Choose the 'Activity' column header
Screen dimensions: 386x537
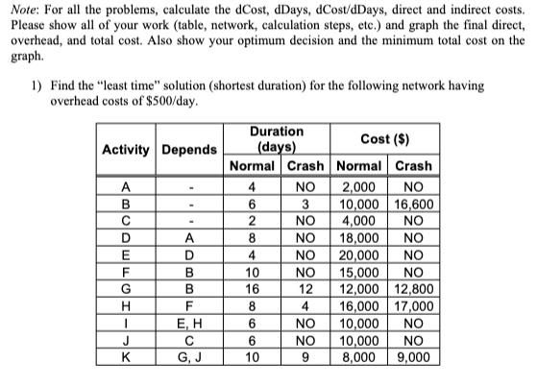pyautogui.click(x=126, y=150)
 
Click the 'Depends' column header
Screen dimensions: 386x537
pyautogui.click(x=188, y=150)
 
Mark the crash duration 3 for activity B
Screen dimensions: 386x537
pyautogui.click(x=304, y=205)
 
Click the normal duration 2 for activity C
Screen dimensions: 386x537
pyautogui.click(x=252, y=222)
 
